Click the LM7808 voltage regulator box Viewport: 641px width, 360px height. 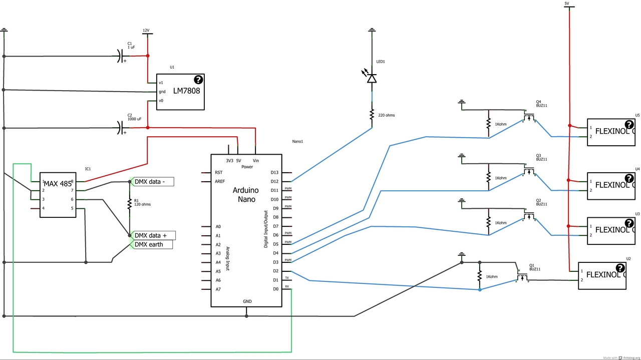180,92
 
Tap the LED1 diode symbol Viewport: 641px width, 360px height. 372,78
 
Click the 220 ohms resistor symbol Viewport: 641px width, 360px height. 372,115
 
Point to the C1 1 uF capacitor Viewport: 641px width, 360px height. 121,56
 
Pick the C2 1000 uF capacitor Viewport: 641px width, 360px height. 121,127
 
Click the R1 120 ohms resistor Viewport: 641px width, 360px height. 129,203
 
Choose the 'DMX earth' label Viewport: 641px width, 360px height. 152,244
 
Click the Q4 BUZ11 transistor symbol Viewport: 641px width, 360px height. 528,118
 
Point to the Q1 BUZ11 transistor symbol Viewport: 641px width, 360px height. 522,277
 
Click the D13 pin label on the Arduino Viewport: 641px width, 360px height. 274,172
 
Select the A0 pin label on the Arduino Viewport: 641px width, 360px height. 218,226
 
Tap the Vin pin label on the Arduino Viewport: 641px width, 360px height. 256,161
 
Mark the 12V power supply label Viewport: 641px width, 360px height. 146,31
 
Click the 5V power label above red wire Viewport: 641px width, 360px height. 567,4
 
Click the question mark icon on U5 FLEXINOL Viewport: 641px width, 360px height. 629,125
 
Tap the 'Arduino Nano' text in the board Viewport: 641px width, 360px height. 245,195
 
